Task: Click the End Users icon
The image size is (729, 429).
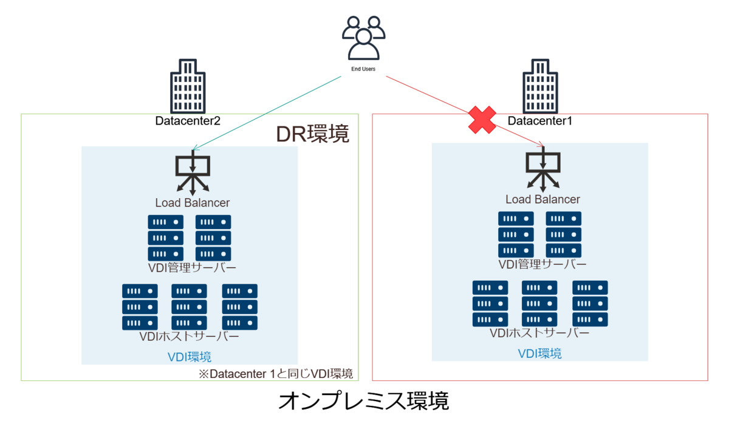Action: click(363, 38)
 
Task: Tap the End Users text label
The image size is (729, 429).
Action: click(363, 69)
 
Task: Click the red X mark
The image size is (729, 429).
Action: click(482, 120)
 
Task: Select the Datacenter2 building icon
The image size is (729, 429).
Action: click(188, 86)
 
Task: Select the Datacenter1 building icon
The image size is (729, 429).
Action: click(540, 86)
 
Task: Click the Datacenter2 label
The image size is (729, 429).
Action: click(188, 121)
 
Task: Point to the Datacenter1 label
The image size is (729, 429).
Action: click(539, 121)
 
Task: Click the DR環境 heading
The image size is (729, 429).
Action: click(312, 134)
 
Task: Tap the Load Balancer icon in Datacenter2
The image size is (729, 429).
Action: click(193, 173)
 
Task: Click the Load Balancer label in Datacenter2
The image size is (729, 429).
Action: click(193, 203)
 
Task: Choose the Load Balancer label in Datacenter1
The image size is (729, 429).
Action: click(542, 199)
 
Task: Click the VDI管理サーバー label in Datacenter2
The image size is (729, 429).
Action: click(192, 268)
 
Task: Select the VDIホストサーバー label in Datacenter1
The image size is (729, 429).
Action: click(539, 333)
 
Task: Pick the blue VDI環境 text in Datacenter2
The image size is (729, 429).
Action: click(190, 357)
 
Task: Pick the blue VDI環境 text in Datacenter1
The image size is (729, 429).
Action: click(539, 354)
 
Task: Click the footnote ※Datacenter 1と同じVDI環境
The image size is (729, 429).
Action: click(276, 374)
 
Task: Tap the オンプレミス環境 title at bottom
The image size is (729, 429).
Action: click(363, 400)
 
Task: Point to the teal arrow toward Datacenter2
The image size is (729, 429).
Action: click(267, 113)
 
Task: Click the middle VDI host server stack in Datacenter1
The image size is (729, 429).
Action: click(539, 303)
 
